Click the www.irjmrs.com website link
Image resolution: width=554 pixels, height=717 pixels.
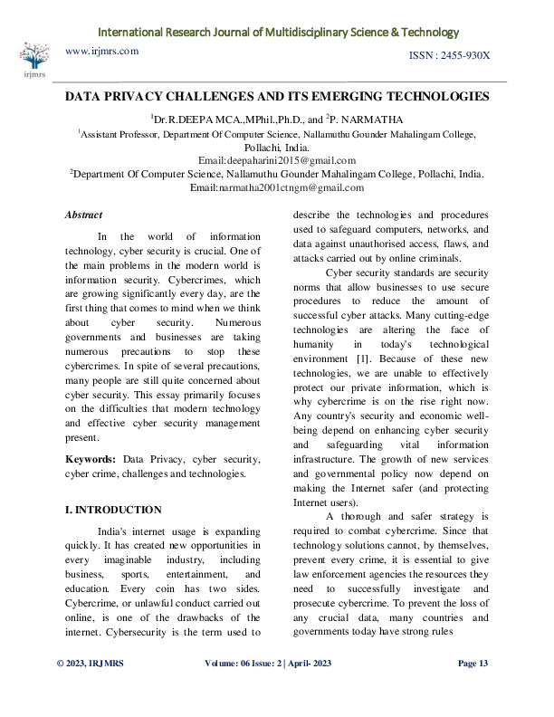102,52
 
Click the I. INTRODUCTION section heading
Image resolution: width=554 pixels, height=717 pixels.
113,510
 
